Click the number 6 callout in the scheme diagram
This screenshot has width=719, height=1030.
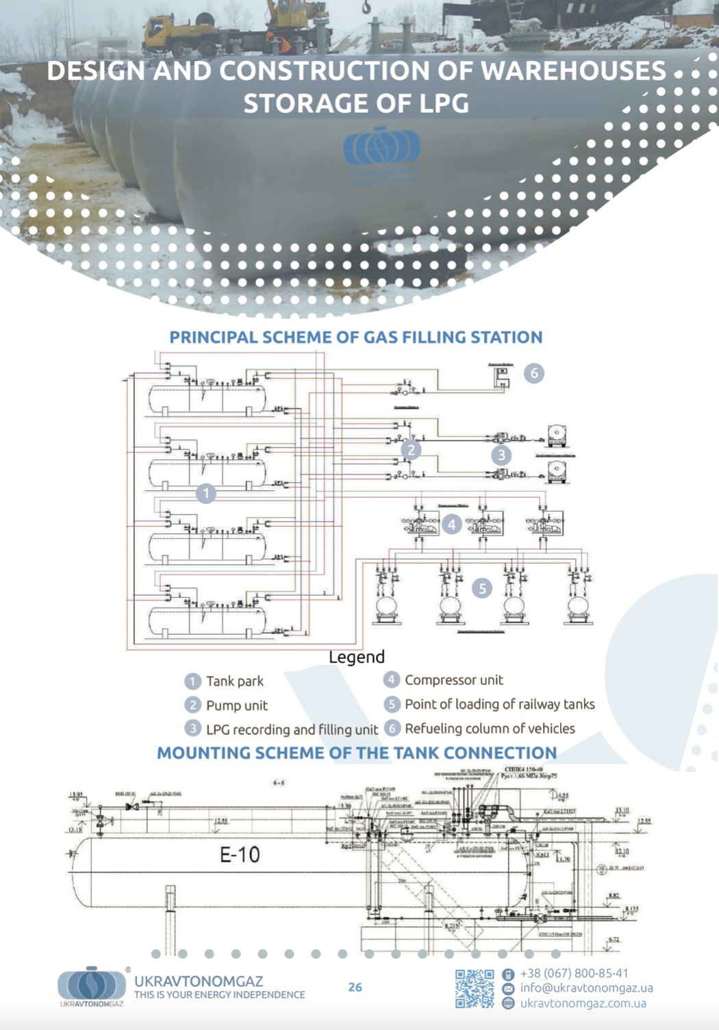pos(534,373)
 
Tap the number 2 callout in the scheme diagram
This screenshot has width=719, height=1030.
pos(411,450)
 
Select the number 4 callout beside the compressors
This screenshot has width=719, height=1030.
pos(451,525)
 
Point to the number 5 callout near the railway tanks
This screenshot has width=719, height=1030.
pos(482,588)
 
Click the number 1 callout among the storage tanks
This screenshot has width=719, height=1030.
pos(206,493)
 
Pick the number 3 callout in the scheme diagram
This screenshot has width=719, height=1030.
pos(501,455)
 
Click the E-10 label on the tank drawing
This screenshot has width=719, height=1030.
pos(240,855)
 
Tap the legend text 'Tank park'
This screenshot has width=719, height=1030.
pos(234,681)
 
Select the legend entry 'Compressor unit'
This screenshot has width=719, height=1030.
pos(453,680)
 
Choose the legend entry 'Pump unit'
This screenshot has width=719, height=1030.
pos(236,705)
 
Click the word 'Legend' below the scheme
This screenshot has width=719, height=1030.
pos(357,657)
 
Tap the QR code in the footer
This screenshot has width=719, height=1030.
pos(475,988)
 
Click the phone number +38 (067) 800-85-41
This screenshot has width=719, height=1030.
pos(574,973)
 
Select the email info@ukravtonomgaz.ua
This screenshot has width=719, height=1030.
pos(586,988)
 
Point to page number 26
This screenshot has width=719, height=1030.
pos(355,987)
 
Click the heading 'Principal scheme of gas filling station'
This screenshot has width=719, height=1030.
pos(356,337)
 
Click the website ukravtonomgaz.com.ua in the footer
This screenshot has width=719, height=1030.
pos(583,1003)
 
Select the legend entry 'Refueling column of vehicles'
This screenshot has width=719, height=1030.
pos(490,729)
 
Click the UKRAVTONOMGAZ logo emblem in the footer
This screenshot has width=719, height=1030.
pos(92,984)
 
